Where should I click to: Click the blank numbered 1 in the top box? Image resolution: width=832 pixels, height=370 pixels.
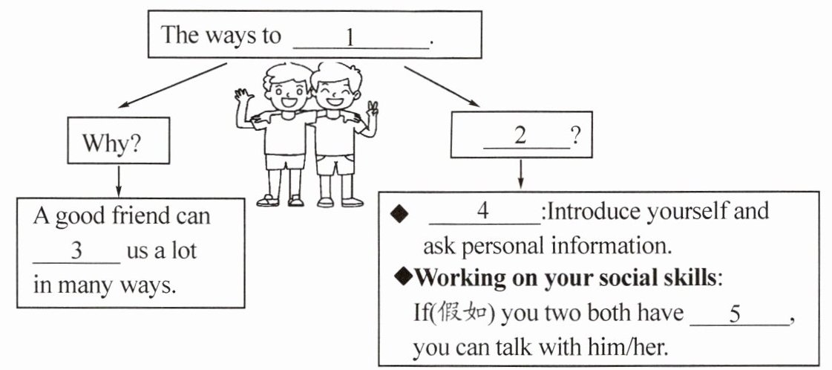pyautogui.click(x=361, y=39)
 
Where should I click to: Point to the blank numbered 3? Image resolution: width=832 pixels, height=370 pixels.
pyautogui.click(x=76, y=251)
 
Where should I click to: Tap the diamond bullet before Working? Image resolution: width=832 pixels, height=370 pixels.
pyautogui.click(x=402, y=277)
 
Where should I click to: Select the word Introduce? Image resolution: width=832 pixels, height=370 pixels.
pyautogui.click(x=590, y=212)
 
